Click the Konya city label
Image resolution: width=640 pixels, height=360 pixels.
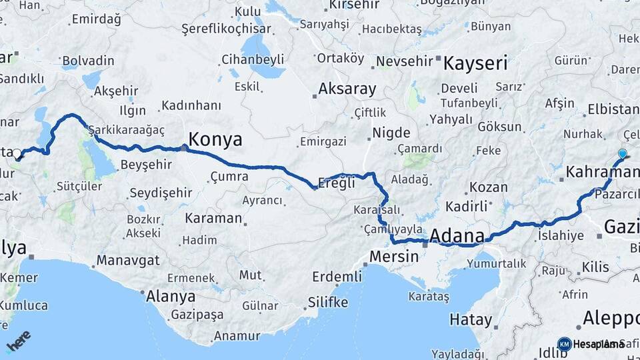tap(215, 139)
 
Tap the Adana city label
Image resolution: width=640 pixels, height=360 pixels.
tap(457, 236)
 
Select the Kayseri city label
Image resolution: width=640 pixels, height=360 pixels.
tap(475, 64)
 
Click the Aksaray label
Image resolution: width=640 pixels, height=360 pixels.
tap(347, 89)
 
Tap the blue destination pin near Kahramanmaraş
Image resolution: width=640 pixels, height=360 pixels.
tap(622, 154)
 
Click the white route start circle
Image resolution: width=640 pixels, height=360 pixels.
tap(17, 154)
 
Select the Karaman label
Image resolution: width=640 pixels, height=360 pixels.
tap(213, 218)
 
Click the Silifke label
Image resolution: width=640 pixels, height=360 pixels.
tap(327, 303)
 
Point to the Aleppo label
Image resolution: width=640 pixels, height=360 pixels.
tap(611, 318)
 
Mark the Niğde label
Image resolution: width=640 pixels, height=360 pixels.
tap(391, 132)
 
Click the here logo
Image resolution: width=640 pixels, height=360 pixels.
tap(19, 340)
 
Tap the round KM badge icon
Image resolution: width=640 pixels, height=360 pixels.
tap(564, 344)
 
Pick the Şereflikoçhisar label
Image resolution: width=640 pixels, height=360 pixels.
tap(227, 29)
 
